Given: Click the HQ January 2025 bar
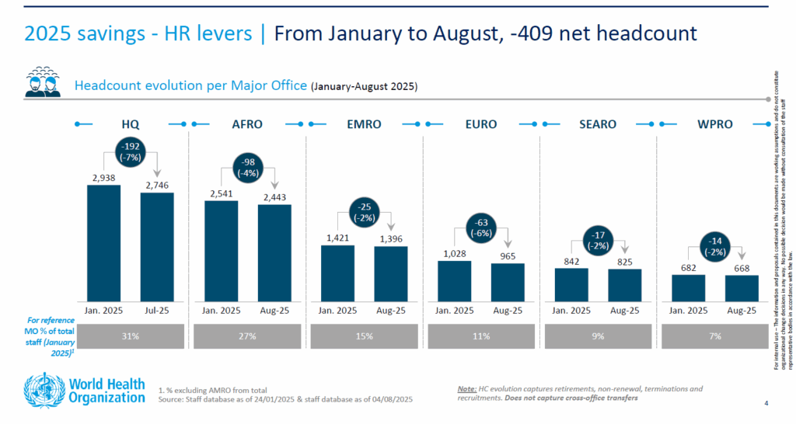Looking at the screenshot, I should click(103, 242).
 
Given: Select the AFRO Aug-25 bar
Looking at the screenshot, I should click(274, 252).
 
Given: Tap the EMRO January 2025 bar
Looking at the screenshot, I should click(337, 273).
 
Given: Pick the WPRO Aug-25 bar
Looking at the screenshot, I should click(742, 287).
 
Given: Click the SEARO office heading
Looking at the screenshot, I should click(598, 124).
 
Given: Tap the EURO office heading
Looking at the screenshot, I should click(481, 124).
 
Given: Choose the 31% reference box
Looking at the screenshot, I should click(131, 336).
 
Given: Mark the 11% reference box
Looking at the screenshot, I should click(481, 336).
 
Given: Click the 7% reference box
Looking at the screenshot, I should click(714, 336).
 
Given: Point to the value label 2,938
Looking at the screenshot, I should click(103, 178).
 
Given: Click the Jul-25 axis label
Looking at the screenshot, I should click(157, 311).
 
